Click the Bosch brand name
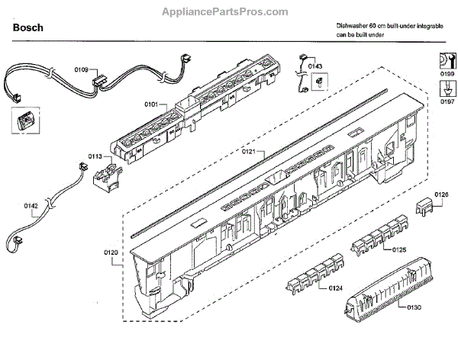27,28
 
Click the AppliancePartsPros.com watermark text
228,11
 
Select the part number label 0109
82,70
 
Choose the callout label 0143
316,66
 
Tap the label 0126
441,194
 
